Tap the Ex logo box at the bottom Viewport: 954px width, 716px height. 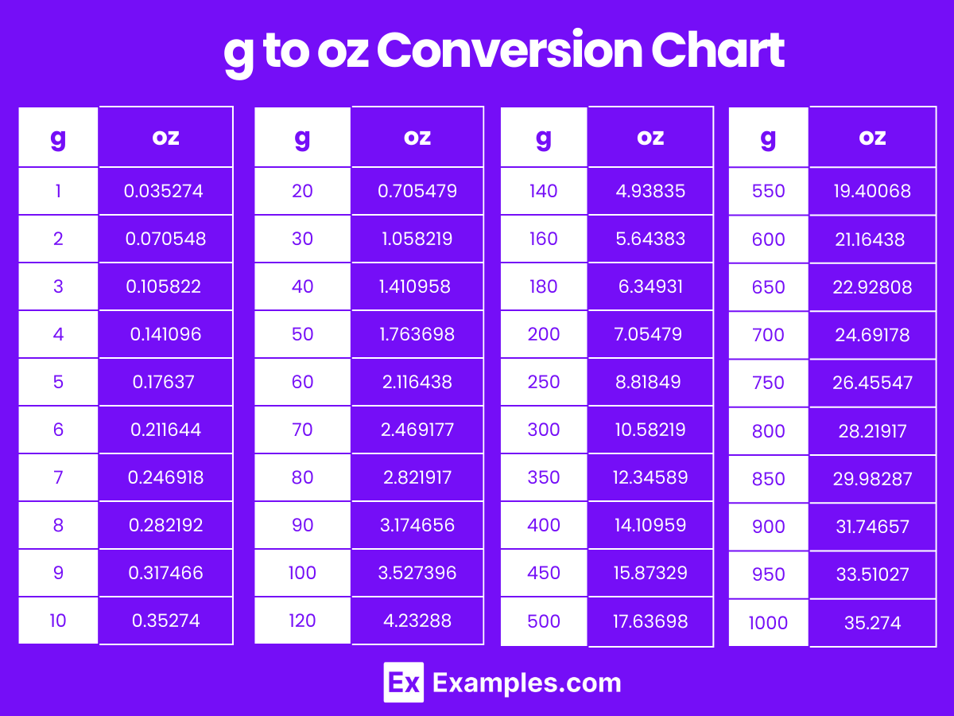pos(403,683)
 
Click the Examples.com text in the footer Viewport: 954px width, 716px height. pos(526,683)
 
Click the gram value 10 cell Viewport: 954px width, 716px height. pos(58,621)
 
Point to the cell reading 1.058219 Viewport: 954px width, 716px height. pos(417,239)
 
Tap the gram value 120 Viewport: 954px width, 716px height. pos(303,621)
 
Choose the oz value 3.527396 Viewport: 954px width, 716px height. pos(417,573)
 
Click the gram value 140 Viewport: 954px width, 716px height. pos(543,191)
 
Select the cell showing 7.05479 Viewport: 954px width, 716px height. pos(650,334)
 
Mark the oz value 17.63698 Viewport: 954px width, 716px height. pos(650,621)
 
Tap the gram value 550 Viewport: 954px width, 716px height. pos(768,191)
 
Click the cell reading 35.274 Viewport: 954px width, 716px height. pos(873,622)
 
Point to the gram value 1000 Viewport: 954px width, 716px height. pos(768,622)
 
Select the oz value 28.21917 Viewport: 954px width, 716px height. pos(873,430)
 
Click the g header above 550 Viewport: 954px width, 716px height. pos(768,138)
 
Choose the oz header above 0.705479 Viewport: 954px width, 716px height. pos(417,138)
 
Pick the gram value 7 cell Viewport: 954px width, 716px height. pos(58,477)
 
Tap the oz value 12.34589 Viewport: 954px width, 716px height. pos(650,477)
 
